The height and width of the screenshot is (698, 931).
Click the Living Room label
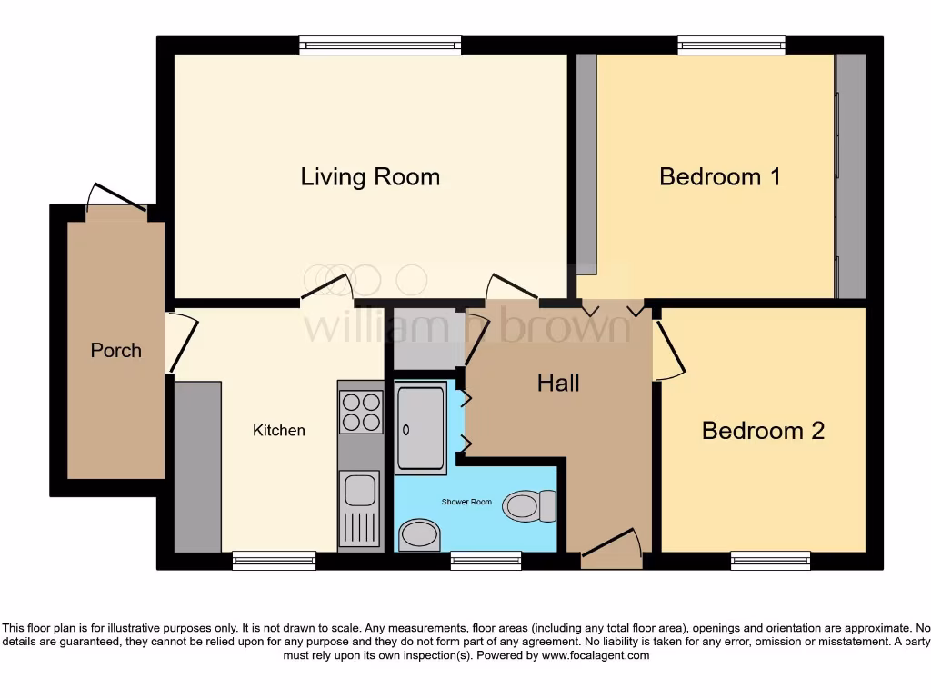coord(370,176)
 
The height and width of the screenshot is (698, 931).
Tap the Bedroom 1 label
coord(719,176)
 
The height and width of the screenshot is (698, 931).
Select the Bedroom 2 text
coord(763,430)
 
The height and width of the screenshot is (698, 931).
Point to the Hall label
coord(558,383)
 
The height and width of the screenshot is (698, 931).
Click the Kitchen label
coord(278,430)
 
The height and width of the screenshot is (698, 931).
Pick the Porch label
coord(116,350)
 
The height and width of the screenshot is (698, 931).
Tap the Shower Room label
coord(466,502)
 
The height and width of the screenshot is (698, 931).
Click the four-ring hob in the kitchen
coord(360,411)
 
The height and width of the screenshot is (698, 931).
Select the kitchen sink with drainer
coord(360,509)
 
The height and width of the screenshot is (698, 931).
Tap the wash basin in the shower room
coord(419,534)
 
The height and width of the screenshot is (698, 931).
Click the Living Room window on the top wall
coord(380,45)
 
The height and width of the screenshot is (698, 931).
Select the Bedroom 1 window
coord(731,45)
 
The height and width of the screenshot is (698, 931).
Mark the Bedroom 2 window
coord(770,560)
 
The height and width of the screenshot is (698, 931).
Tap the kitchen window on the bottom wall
coord(274,560)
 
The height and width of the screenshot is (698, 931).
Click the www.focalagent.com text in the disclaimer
coord(596,655)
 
